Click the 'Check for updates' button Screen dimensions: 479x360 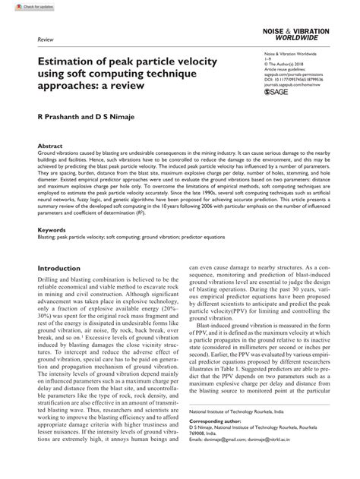(x=22, y=6)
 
